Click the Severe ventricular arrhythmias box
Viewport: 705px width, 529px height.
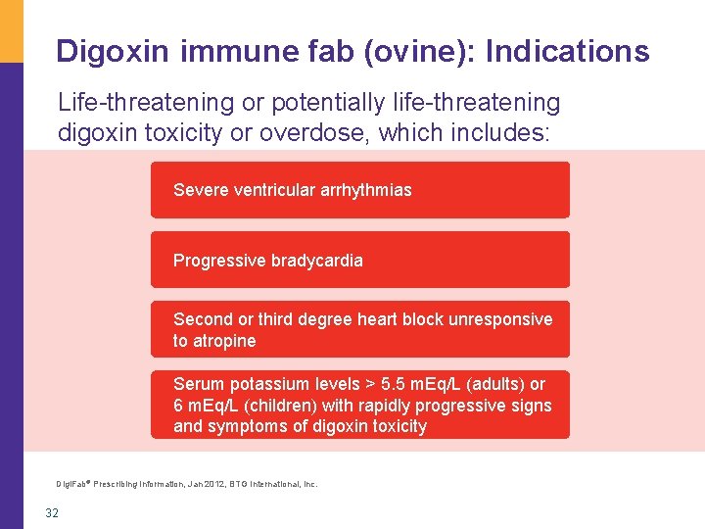point(359,190)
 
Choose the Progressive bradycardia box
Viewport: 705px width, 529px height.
point(359,260)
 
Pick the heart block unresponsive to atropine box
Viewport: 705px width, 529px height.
point(359,329)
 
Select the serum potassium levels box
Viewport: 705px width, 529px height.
point(359,405)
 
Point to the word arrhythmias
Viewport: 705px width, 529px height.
point(365,190)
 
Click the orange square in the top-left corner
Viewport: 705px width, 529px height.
point(11,30)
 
